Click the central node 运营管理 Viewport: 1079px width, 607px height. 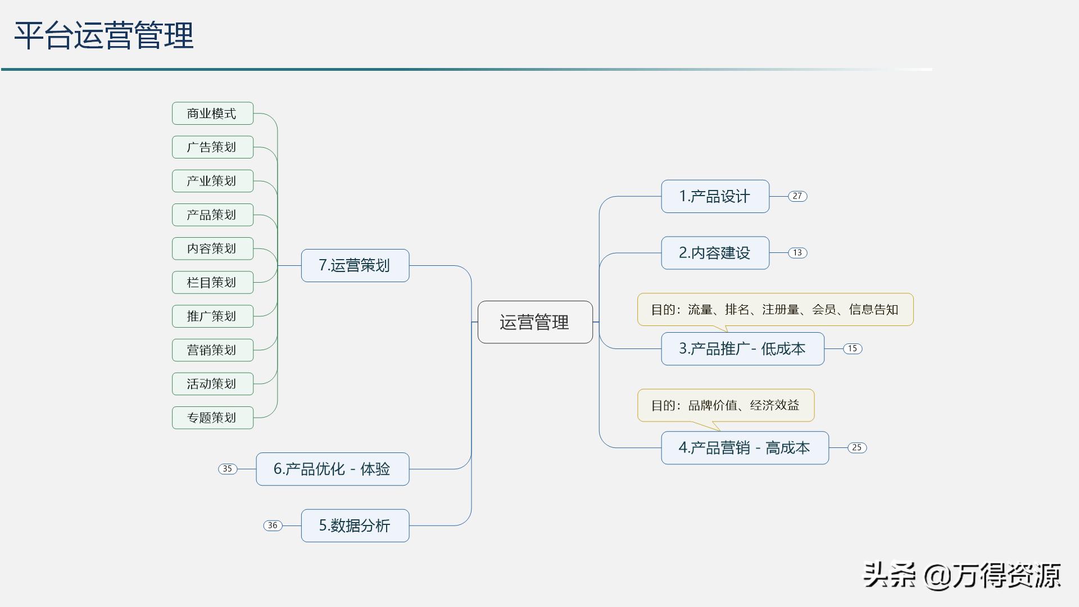[535, 322]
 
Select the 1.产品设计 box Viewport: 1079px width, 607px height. [715, 197]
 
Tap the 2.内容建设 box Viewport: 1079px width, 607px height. [715, 253]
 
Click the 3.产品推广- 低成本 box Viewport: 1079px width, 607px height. [742, 349]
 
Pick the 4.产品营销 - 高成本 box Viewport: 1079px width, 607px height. [745, 448]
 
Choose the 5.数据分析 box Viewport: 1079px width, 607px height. [355, 526]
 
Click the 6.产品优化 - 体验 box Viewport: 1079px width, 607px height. [332, 469]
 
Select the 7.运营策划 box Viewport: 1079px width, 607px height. [355, 265]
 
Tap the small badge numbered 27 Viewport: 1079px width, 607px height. [797, 196]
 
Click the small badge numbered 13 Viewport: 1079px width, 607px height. [797, 253]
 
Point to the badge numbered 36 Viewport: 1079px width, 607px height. [273, 526]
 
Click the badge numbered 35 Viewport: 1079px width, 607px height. [228, 469]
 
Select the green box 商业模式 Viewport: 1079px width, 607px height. [212, 114]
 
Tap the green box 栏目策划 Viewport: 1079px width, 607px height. [212, 282]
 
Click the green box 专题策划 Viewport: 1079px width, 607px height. [212, 418]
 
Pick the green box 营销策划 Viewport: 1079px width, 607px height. [212, 350]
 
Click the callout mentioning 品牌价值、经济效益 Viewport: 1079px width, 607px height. [726, 405]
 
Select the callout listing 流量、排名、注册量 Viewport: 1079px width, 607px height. [775, 310]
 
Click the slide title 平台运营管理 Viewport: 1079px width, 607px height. [104, 36]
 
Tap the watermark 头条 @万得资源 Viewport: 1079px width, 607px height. [962, 576]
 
